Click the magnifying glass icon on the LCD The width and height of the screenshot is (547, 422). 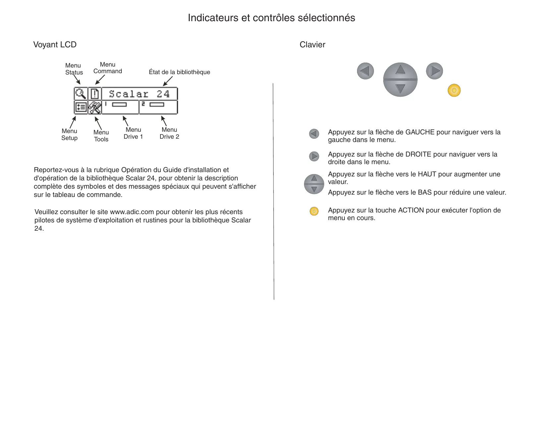(x=81, y=94)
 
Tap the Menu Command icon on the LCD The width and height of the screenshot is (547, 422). (x=95, y=94)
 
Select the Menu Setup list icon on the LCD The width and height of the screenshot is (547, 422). (x=81, y=108)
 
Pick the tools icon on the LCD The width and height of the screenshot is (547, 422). (x=95, y=108)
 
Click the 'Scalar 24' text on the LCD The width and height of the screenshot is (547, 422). (x=139, y=94)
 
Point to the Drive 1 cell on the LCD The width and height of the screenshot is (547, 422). (x=120, y=107)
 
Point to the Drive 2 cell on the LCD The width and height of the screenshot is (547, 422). (x=158, y=107)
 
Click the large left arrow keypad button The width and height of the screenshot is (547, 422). (x=365, y=71)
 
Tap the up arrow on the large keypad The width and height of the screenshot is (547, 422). (x=400, y=70)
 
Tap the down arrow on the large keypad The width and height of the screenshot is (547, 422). (x=400, y=88)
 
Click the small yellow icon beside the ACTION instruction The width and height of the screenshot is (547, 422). (x=314, y=211)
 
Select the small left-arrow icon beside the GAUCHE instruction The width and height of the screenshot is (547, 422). (x=314, y=134)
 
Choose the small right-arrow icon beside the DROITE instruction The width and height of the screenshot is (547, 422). (x=314, y=156)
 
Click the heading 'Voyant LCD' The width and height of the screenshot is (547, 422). (x=55, y=45)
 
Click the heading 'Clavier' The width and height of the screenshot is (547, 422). (x=312, y=45)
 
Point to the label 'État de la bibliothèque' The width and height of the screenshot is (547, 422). (x=179, y=72)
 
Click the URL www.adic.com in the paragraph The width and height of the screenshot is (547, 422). (x=132, y=212)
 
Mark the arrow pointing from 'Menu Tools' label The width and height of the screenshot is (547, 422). (x=98, y=123)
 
